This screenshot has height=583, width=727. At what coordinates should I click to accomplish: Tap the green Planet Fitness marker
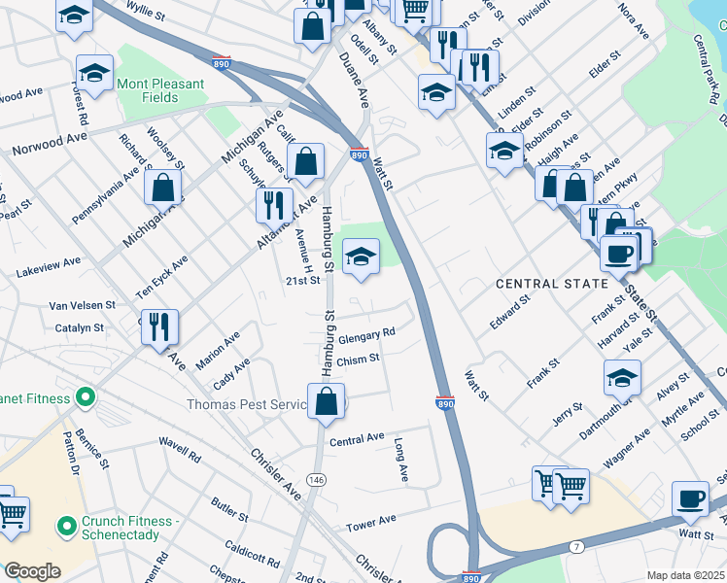pos(86,398)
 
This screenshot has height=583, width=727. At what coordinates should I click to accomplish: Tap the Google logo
pos(31,571)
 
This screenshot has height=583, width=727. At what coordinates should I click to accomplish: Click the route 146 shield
pos(317,479)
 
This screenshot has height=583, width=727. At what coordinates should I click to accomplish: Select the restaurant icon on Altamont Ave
pos(274,205)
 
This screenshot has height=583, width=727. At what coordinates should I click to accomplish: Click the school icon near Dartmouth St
pos(622,379)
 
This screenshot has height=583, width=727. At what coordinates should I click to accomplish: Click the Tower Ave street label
pos(371,523)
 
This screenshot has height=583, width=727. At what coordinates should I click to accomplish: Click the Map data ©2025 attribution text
pos(685,575)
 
